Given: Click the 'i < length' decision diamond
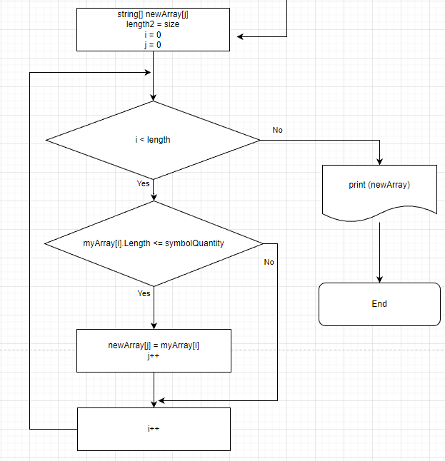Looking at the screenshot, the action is pyautogui.click(x=153, y=140).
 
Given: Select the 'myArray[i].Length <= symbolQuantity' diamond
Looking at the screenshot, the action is pyautogui.click(x=154, y=243).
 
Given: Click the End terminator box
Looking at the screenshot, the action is pyautogui.click(x=380, y=304).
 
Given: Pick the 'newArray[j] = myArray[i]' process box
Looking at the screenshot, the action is pyautogui.click(x=154, y=351).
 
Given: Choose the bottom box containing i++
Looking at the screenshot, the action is pyautogui.click(x=154, y=429).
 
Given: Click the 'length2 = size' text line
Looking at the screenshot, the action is pyautogui.click(x=153, y=24).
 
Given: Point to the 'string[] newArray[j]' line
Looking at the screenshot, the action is pyautogui.click(x=153, y=14).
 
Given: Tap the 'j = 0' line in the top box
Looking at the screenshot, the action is pyautogui.click(x=153, y=45).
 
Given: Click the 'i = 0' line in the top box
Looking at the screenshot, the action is pyautogui.click(x=153, y=35).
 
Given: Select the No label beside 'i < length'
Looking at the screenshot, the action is pyautogui.click(x=278, y=130).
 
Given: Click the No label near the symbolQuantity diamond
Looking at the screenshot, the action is pyautogui.click(x=269, y=262).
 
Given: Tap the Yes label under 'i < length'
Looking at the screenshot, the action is pyautogui.click(x=143, y=183).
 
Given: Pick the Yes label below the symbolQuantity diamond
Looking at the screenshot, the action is pyautogui.click(x=144, y=293).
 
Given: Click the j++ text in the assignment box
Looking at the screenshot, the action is pyautogui.click(x=154, y=356).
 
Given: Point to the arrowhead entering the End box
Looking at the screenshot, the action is pyautogui.click(x=380, y=280).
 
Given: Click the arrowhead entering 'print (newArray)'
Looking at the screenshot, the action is pyautogui.click(x=380, y=162).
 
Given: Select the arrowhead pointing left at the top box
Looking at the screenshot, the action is pyautogui.click(x=241, y=36).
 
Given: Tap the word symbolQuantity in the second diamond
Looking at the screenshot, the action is pyautogui.click(x=194, y=243).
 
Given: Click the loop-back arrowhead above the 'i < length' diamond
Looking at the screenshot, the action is pyautogui.click(x=148, y=72).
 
